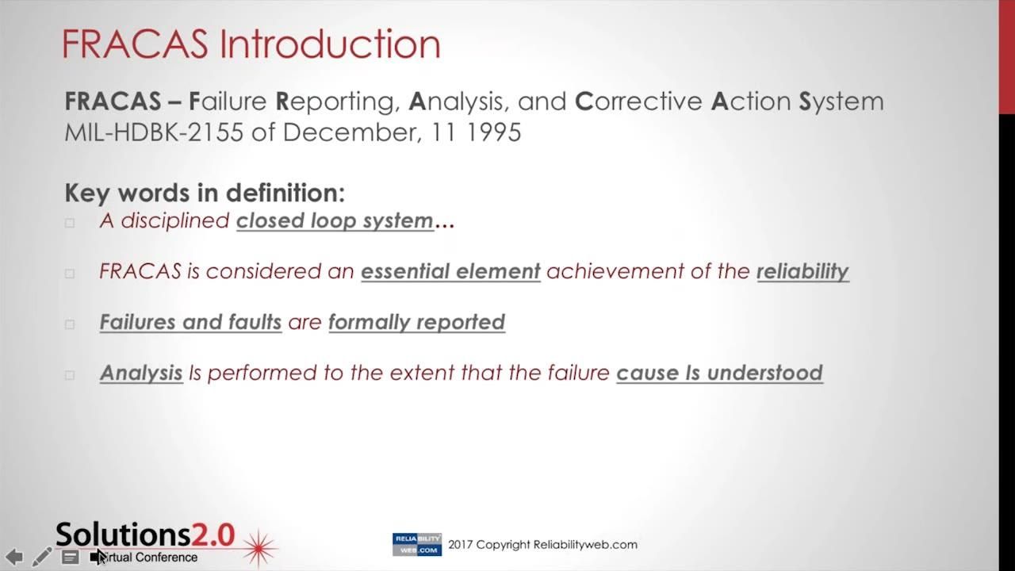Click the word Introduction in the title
[330, 44]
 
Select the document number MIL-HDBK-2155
[154, 132]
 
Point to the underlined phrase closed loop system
[335, 221]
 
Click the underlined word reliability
[803, 272]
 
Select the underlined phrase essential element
[451, 271]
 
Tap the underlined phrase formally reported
[417, 323]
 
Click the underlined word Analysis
[141, 374]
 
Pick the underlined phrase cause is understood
[719, 373]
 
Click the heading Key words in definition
[205, 193]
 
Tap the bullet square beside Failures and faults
[70, 324]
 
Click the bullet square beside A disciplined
[70, 223]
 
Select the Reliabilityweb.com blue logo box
[417, 544]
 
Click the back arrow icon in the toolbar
[14, 557]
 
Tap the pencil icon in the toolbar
[42, 557]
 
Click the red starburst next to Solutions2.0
[259, 549]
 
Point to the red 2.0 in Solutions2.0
[213, 535]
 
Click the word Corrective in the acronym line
[639, 101]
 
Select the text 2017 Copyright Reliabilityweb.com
[543, 545]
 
